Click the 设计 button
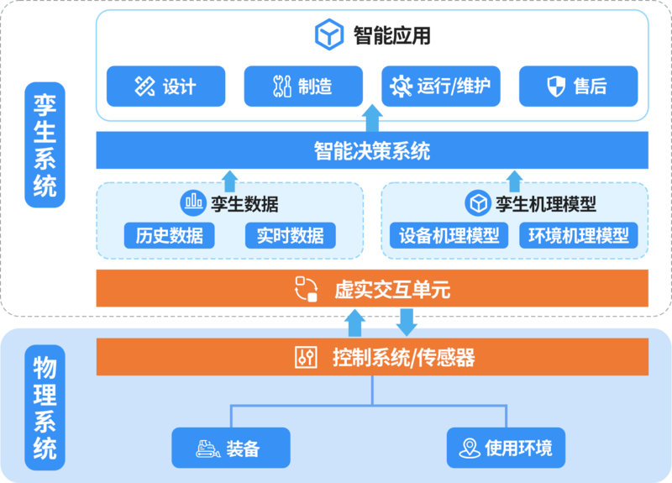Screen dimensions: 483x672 point(165,87)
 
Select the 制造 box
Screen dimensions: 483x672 point(303,87)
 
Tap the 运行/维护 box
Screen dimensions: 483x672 point(441,87)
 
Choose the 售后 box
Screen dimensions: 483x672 point(578,87)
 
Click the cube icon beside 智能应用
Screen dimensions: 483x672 point(329,34)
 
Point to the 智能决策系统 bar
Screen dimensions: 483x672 point(372,151)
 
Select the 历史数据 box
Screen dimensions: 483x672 point(169,235)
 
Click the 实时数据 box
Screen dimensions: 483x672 point(290,235)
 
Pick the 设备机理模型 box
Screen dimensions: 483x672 point(449,235)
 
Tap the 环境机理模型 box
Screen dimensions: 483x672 point(578,235)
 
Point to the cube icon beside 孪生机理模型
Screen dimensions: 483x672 point(478,202)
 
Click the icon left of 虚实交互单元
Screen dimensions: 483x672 point(306,290)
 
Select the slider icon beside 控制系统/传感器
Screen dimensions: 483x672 point(306,358)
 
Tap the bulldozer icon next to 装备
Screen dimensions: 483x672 point(207,449)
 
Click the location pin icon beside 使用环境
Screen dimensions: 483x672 point(470,449)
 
